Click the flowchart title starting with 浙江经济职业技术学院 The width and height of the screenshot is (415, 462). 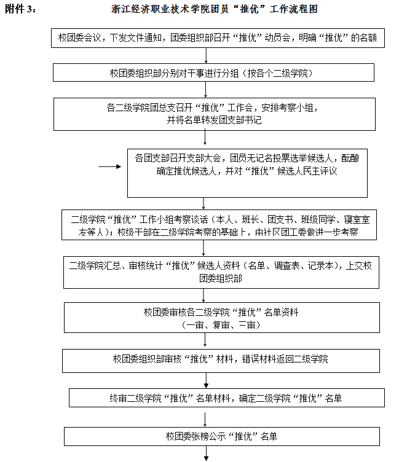[215, 10]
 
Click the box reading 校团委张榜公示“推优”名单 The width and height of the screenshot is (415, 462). [221, 436]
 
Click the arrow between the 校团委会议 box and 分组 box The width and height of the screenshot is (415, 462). [207, 56]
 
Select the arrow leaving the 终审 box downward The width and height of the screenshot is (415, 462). [207, 417]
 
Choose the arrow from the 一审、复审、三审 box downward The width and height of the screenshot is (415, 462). [207, 341]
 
